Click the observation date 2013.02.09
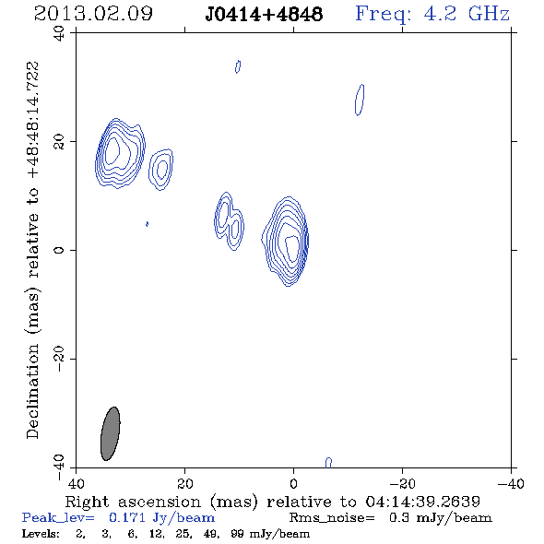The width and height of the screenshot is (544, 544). (93, 14)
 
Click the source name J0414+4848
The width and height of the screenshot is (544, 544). (264, 15)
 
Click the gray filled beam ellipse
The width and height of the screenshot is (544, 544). (111, 433)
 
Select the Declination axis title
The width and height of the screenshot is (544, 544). (32, 250)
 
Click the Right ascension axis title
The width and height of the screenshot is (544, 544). (273, 502)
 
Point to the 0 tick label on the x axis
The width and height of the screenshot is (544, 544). (293, 483)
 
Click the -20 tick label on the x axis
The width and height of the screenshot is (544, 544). (402, 483)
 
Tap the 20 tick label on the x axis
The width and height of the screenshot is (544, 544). (184, 483)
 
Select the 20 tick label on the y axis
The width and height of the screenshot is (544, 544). (59, 142)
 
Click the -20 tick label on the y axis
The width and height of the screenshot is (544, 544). (59, 359)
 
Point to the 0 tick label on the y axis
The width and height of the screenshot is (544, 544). (59, 250)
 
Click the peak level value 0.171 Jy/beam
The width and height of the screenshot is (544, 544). (161, 518)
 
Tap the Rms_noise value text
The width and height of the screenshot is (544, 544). (391, 518)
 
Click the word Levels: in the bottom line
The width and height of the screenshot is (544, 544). (41, 534)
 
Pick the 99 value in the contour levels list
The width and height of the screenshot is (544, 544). (237, 534)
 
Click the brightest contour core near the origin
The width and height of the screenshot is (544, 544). (292, 248)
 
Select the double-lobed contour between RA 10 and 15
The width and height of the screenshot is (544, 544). (229, 221)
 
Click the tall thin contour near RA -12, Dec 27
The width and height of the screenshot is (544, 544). (360, 100)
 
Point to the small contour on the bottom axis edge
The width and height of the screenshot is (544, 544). (328, 463)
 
